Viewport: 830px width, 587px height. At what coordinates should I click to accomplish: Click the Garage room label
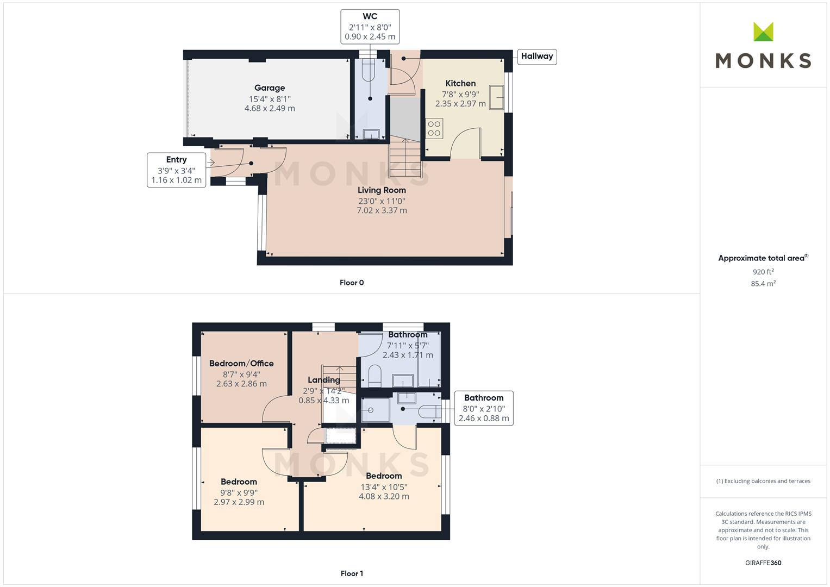270,88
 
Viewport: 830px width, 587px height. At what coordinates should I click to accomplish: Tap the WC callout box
370,27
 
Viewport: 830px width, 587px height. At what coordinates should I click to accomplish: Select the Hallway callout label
536,57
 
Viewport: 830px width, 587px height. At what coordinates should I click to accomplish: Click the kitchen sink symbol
496,97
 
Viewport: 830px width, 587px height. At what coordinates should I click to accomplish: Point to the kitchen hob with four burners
434,128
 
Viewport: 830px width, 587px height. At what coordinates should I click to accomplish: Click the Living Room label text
382,190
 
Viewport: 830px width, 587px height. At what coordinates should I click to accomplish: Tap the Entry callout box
176,170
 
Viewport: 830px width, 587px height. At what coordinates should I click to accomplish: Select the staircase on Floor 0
404,158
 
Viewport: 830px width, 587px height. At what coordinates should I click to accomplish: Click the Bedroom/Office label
241,364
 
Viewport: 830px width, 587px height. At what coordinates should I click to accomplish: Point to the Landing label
324,380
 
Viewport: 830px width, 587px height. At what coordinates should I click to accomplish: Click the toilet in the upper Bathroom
375,375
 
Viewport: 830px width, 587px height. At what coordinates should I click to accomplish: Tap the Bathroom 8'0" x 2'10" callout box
483,408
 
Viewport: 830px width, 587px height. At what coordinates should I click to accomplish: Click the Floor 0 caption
352,283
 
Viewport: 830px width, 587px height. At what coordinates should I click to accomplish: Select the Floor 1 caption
352,573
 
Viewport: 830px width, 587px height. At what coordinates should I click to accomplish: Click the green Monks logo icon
763,32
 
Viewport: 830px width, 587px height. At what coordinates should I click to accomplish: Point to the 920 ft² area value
763,272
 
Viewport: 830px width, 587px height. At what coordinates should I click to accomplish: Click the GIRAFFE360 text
763,563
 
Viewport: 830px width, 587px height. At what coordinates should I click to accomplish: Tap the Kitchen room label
460,84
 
